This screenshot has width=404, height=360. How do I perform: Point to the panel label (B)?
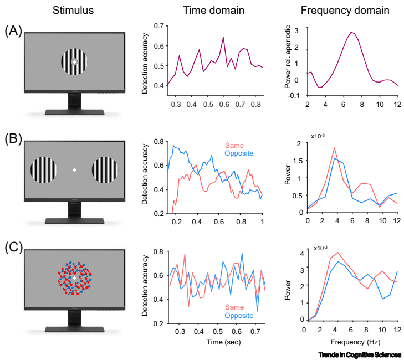[13, 137]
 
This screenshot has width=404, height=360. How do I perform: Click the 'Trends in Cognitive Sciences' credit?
[360, 354]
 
